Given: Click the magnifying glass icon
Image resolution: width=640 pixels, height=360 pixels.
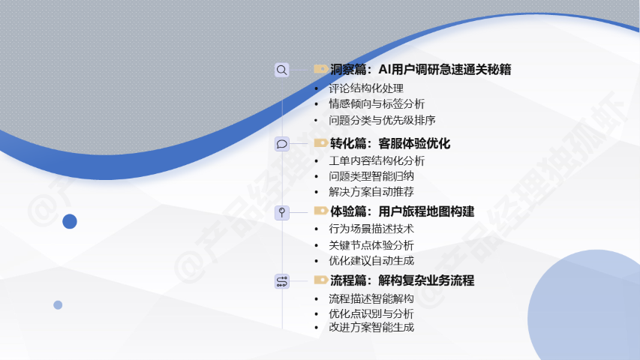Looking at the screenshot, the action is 281,70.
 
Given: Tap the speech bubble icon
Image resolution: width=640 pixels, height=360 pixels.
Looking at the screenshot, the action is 281,144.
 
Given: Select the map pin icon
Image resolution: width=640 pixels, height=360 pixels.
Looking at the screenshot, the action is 281,213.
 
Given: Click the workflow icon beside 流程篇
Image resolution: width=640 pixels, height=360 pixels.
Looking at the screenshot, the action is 281,281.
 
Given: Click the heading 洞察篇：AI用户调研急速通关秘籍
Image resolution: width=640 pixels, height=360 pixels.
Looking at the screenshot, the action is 420,70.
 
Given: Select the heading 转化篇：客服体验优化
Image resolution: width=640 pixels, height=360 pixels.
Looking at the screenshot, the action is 390,144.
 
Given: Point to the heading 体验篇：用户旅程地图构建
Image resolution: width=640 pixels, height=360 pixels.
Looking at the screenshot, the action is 402,211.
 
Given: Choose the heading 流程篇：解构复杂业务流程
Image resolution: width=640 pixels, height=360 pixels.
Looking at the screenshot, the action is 402,280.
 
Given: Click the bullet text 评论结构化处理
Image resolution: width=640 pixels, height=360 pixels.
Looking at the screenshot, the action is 366,88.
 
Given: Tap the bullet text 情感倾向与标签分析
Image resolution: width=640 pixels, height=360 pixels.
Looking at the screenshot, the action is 377,103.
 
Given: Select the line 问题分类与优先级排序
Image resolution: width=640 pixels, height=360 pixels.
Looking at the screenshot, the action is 382,120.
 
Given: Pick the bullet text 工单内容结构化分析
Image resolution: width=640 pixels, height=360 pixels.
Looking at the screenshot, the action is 377,160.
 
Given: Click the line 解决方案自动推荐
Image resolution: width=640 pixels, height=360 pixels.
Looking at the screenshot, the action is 371,191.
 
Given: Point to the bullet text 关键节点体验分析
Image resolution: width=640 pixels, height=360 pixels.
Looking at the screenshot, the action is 371,245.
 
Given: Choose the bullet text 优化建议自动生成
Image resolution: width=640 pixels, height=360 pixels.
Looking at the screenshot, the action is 371,260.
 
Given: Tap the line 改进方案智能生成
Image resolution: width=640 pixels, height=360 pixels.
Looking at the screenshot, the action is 371,327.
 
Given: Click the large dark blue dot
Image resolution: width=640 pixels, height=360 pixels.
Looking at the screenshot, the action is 70,221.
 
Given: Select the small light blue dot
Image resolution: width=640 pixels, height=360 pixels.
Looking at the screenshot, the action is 58,305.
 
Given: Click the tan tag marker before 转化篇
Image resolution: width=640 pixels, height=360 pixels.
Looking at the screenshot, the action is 321,142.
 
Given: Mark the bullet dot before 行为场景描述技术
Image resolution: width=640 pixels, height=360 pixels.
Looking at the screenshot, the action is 317,229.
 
